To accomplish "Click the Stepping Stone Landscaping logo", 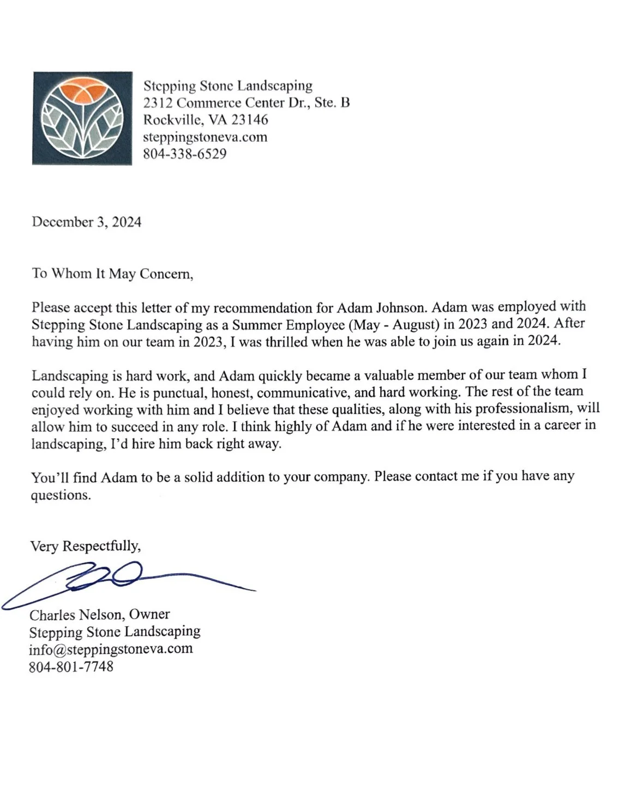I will pos(82,118).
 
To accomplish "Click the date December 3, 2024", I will pos(87,222).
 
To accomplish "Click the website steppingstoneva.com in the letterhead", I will pos(205,137).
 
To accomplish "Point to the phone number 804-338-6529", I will pos(184,154).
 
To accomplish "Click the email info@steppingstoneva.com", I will pos(111,649).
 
